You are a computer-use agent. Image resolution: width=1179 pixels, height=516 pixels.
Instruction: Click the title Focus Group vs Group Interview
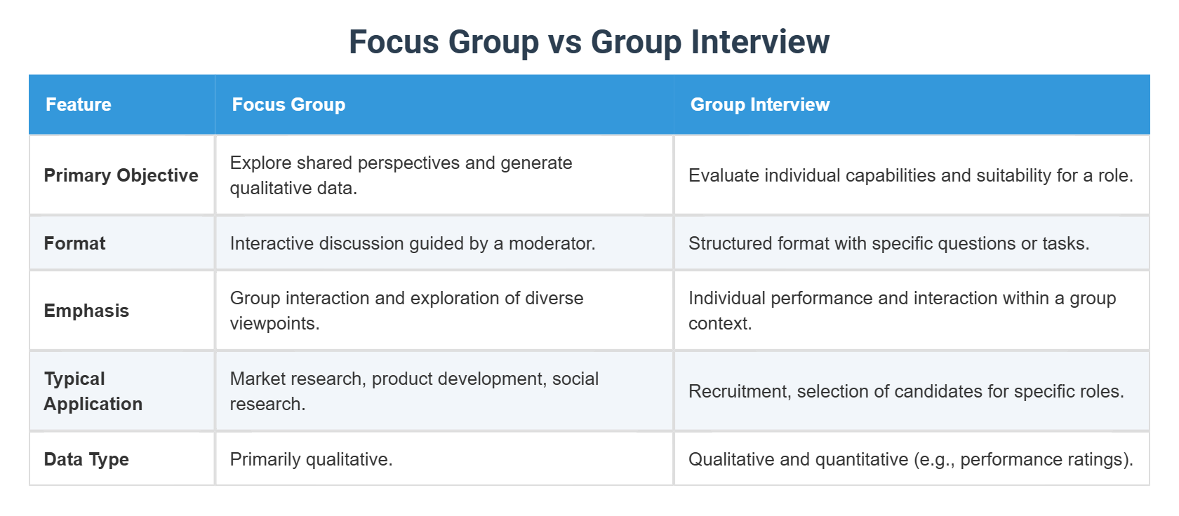(589, 42)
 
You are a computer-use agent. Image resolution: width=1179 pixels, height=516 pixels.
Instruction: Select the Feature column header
(79, 104)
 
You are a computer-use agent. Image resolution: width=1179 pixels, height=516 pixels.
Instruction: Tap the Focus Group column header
(288, 104)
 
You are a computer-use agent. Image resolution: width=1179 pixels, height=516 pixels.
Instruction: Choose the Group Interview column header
(760, 104)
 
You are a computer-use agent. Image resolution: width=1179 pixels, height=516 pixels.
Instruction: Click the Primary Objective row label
(121, 175)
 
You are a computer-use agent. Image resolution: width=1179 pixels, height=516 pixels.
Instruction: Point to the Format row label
(74, 243)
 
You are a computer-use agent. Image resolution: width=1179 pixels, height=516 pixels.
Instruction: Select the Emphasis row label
(86, 311)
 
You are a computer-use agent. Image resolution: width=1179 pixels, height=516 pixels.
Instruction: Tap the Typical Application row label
(93, 391)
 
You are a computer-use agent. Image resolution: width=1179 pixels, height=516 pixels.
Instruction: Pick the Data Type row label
(86, 459)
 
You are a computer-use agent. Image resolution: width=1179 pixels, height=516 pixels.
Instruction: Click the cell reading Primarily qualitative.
(311, 459)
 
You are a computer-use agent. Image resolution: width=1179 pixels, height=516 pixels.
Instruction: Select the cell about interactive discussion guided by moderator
(412, 243)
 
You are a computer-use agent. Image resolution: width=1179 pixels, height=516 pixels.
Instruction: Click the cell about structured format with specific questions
(888, 243)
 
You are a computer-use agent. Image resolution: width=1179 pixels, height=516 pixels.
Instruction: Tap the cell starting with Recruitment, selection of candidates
(906, 391)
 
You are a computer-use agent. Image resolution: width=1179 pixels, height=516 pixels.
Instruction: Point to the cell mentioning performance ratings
(910, 459)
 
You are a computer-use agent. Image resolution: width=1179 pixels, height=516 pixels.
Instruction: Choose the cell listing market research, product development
(414, 391)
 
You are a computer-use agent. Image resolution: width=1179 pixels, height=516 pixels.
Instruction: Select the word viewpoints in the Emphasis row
(274, 323)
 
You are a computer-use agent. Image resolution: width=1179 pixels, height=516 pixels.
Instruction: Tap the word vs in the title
(565, 42)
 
